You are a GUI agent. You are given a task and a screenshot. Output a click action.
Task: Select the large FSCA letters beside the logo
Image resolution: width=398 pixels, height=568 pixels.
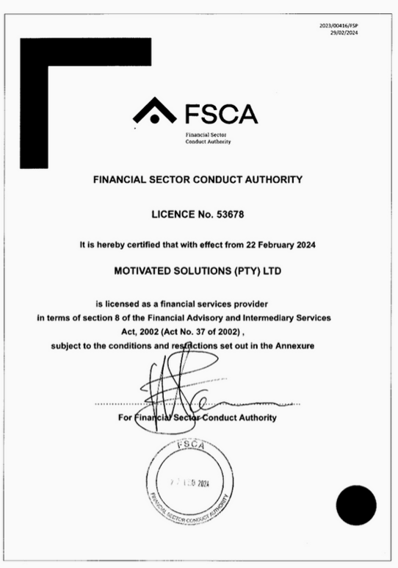click(221, 115)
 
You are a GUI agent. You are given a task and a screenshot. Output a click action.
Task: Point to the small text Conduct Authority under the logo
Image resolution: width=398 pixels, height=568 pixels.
click(209, 142)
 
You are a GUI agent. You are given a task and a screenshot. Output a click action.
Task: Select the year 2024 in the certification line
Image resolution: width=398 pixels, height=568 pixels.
click(303, 243)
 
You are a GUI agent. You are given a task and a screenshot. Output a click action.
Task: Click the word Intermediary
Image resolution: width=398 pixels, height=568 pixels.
click(270, 317)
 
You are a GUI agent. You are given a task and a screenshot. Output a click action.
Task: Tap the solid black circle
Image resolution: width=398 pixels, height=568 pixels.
click(356, 506)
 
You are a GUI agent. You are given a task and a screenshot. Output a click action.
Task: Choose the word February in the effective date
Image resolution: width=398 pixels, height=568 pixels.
click(265, 243)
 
